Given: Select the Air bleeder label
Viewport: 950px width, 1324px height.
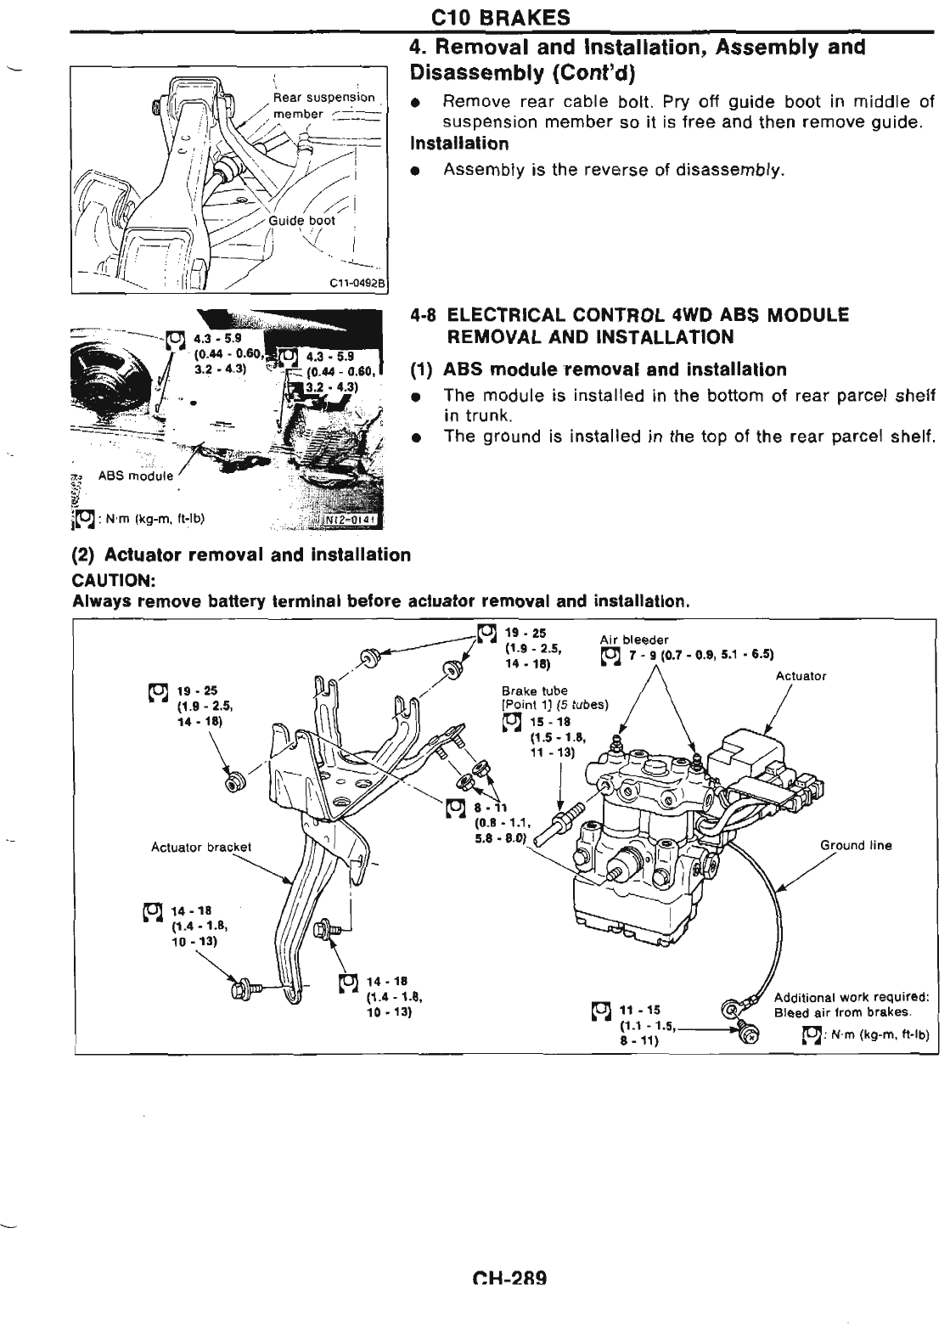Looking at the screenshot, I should (633, 639).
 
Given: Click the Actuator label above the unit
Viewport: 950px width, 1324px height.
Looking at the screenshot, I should (801, 676).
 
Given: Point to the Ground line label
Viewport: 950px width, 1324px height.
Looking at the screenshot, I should (856, 845).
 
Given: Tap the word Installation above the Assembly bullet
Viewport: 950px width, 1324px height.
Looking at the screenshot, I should (458, 144).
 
